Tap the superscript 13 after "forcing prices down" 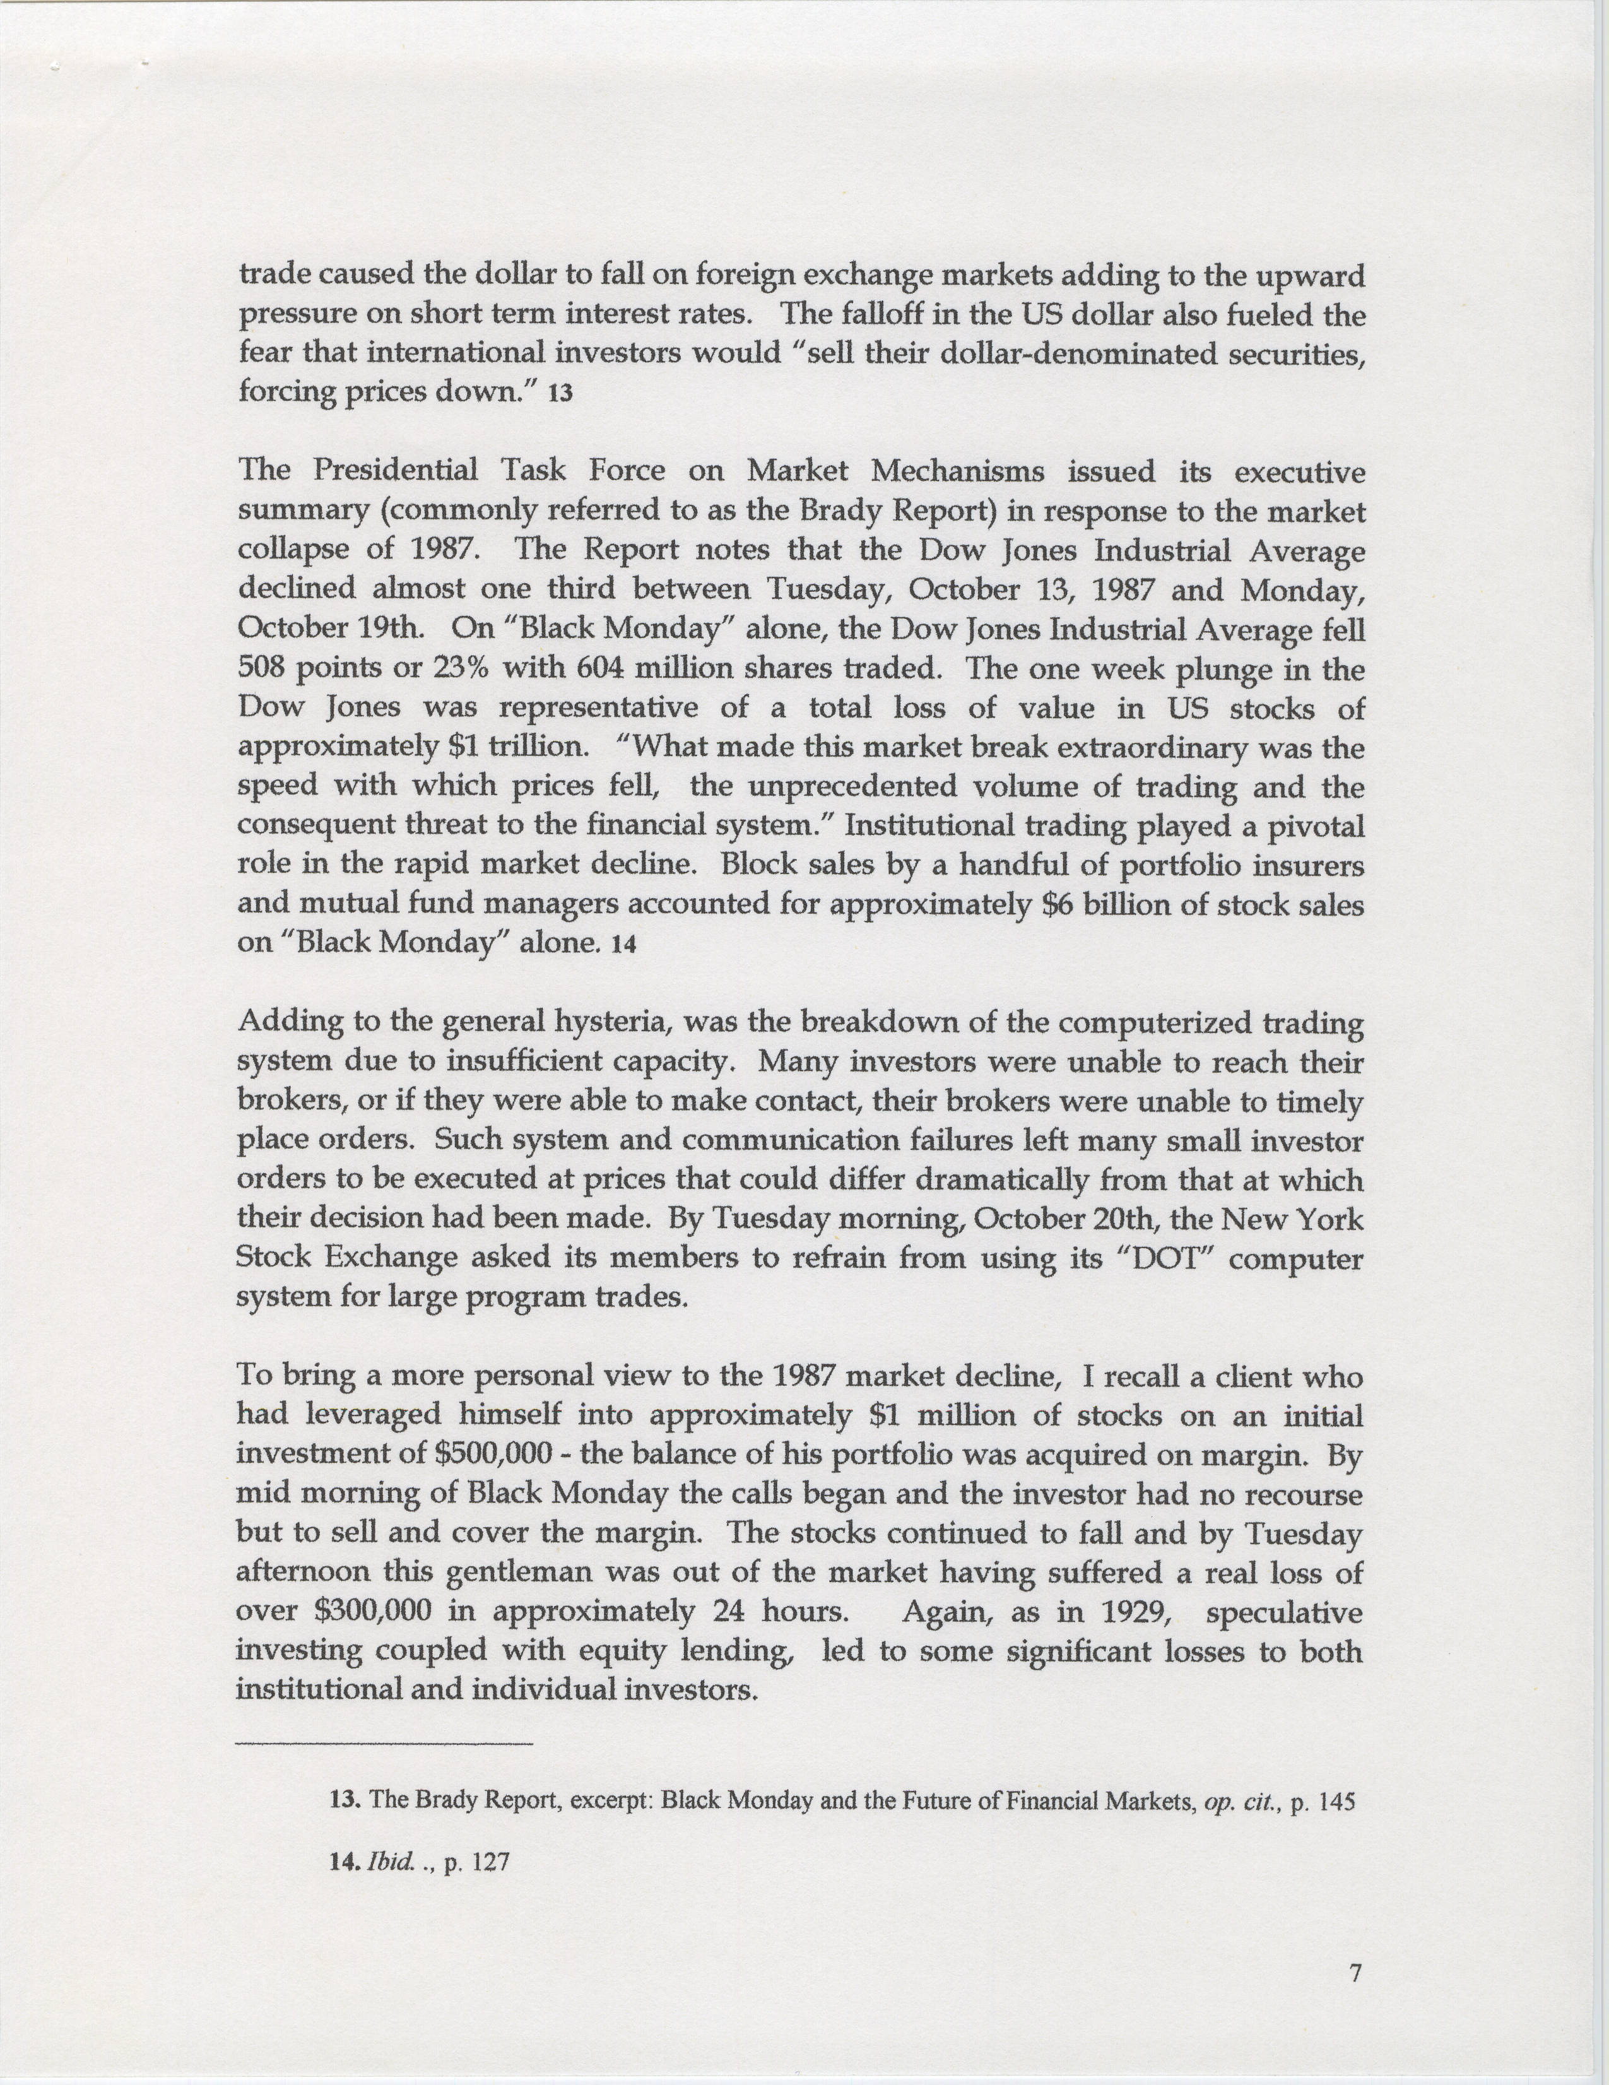[x=560, y=395]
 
